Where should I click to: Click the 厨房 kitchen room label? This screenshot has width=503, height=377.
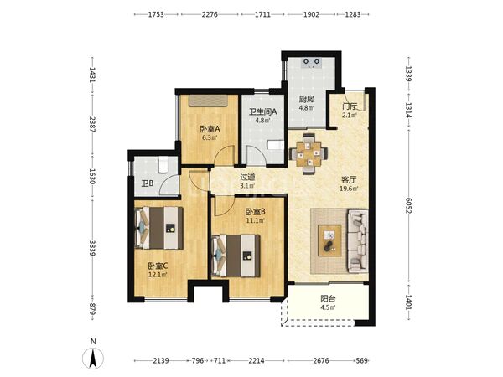tap(307, 99)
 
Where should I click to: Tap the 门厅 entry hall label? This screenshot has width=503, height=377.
tap(350, 106)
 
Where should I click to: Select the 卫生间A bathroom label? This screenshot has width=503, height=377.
tap(263, 111)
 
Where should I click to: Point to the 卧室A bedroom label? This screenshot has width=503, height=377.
tap(210, 129)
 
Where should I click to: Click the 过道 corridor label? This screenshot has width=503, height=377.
tap(247, 177)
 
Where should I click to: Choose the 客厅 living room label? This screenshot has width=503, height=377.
tap(349, 180)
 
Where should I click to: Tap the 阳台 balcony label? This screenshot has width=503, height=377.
tap(328, 299)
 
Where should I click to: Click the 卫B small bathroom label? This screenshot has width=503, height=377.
tap(148, 183)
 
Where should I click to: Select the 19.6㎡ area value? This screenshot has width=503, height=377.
tap(349, 188)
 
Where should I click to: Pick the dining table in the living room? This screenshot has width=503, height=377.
tap(309, 154)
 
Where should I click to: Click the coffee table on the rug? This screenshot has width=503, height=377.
tap(329, 240)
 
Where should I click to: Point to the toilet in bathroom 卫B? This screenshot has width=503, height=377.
tap(163, 164)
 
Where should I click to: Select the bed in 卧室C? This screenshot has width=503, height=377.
tap(159, 228)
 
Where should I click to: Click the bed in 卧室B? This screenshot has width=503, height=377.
tap(236, 256)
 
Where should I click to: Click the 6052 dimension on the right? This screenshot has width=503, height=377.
tap(408, 205)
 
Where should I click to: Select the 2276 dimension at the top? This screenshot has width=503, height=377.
tap(210, 14)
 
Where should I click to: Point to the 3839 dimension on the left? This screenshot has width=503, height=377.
tap(92, 249)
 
